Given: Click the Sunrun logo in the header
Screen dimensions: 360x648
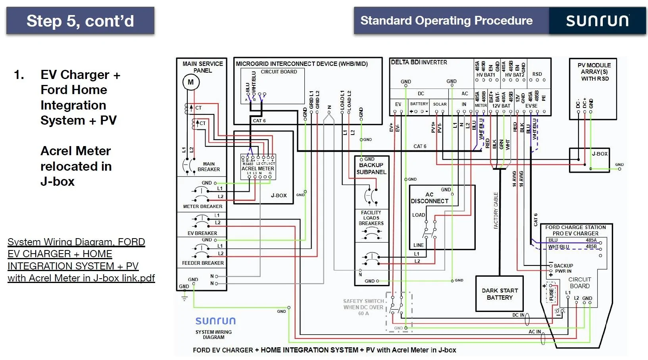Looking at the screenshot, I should (x=597, y=21).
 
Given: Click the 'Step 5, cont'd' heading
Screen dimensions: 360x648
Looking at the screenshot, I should (x=80, y=21).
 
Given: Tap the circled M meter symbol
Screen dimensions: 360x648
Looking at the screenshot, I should (x=191, y=82).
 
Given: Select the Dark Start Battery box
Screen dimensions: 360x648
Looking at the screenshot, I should (x=500, y=294).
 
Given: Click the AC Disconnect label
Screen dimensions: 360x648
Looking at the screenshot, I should (x=429, y=198).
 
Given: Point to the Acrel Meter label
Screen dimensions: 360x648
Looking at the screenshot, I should (x=258, y=168).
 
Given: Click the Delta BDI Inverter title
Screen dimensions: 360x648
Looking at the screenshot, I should (x=419, y=62).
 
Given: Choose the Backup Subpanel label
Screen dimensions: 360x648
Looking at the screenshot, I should (x=371, y=168).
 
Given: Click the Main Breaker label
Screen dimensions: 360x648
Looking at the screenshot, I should (x=209, y=167).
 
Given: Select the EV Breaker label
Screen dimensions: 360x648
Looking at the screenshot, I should (x=202, y=233).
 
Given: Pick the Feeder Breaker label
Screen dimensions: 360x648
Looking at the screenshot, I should (x=203, y=263).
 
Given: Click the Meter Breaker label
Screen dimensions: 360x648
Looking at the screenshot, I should (x=203, y=206).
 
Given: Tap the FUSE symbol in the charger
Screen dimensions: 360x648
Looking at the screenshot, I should (x=551, y=293).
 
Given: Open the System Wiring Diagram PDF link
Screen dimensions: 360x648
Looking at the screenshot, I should (x=81, y=260).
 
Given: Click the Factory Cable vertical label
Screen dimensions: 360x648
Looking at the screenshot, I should (x=496, y=211).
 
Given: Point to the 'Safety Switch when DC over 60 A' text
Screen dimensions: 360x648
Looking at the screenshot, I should (x=363, y=307).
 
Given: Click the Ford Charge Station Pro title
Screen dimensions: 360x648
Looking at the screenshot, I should (x=575, y=231).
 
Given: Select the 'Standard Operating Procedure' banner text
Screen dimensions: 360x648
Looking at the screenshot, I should (x=446, y=21).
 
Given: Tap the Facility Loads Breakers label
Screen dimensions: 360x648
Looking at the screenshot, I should (x=371, y=218).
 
